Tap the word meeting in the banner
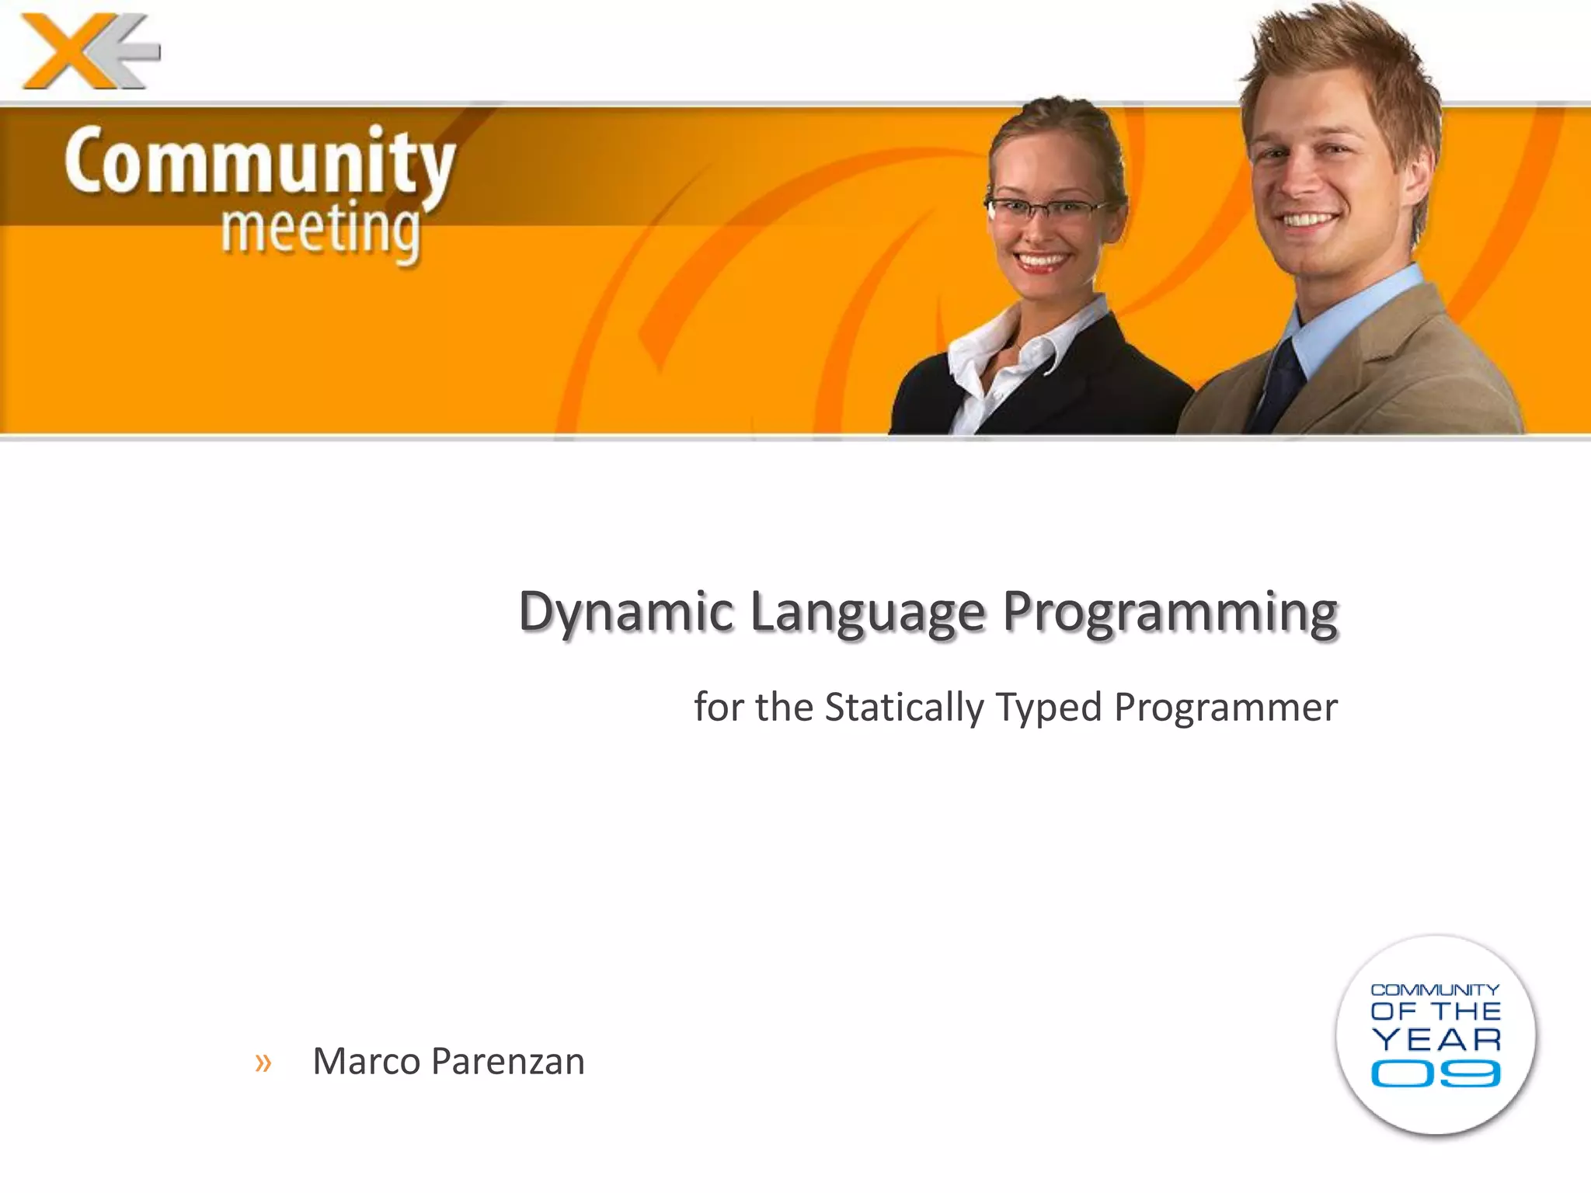click(x=320, y=229)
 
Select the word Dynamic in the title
click(x=625, y=612)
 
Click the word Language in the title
click(x=868, y=612)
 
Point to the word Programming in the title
click(x=1170, y=612)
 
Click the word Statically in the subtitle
click(x=903, y=708)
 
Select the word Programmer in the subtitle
click(x=1225, y=708)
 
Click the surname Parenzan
click(x=507, y=1061)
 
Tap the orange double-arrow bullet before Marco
click(x=263, y=1062)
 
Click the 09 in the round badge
click(x=1435, y=1075)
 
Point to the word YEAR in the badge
click(x=1436, y=1039)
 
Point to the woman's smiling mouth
click(x=1041, y=260)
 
